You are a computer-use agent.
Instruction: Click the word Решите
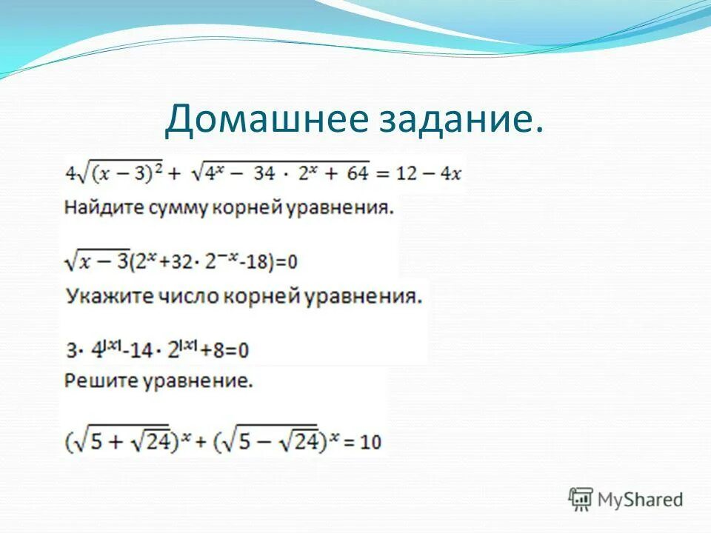click(x=93, y=382)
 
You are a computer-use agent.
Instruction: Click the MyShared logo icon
click(x=581, y=499)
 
